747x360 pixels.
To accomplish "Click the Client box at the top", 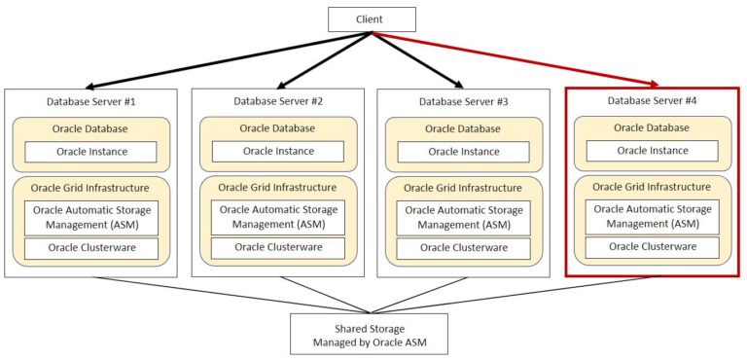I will (372, 18).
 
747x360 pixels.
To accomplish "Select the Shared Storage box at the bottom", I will (370, 335).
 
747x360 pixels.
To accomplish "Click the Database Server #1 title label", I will (90, 101).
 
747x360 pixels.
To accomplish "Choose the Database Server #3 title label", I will (464, 101).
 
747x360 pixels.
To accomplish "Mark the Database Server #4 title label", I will (652, 100).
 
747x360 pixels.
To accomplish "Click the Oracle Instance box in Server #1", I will (90, 152).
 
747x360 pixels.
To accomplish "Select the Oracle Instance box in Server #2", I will (277, 151).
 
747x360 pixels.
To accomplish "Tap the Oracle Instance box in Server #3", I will (464, 152).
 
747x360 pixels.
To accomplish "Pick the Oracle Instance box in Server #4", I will (652, 151).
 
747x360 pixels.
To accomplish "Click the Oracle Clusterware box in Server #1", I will (90, 248).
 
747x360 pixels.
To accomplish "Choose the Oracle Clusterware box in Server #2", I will (277, 247).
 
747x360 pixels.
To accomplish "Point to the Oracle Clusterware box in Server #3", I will (464, 248).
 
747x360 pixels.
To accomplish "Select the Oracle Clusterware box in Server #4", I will (652, 247).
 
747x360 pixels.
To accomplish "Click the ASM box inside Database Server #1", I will (90, 217).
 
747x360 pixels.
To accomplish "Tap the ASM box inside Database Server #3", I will (464, 217).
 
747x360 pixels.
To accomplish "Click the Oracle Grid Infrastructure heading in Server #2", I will (277, 187).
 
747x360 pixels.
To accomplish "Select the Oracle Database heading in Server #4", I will (652, 127).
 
